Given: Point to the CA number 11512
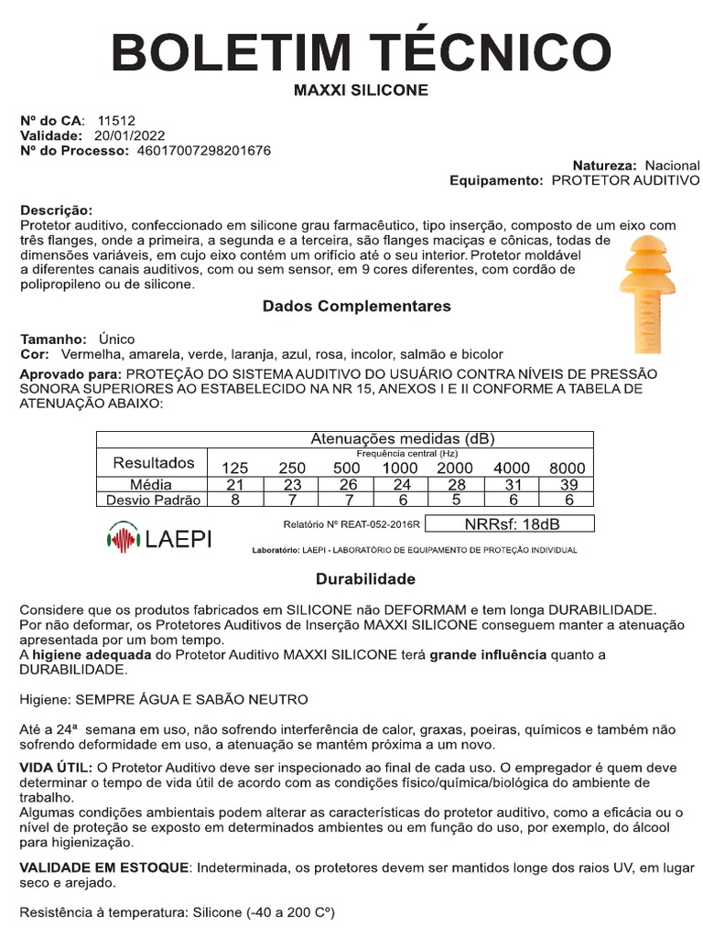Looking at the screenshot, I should pyautogui.click(x=116, y=120).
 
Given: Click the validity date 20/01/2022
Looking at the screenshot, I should pyautogui.click(x=124, y=135).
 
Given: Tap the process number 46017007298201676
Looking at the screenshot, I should pyautogui.click(x=203, y=150).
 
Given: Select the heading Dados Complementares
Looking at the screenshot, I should pyautogui.click(x=357, y=307).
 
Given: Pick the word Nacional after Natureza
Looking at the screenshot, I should pyautogui.click(x=672, y=166).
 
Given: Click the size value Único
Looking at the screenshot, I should pyautogui.click(x=116, y=339).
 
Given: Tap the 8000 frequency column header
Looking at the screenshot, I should pyautogui.click(x=567, y=468).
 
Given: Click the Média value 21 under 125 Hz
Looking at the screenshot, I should pyautogui.click(x=234, y=484).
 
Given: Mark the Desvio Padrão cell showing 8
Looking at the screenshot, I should pyautogui.click(x=234, y=500).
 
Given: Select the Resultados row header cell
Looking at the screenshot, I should pyautogui.click(x=153, y=462).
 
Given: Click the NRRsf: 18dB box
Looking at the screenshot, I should pyautogui.click(x=511, y=524).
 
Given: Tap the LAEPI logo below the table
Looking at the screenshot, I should pyautogui.click(x=159, y=537).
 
